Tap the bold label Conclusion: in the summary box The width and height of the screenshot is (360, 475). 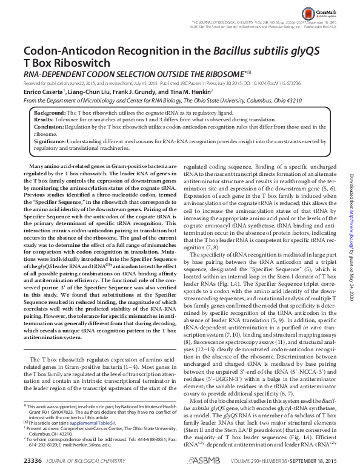[49, 127]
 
